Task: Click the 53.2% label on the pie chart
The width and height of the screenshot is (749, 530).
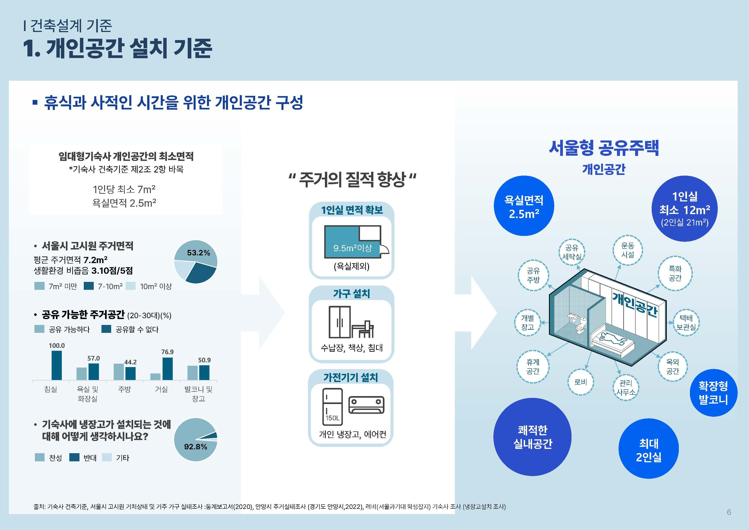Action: pyautogui.click(x=198, y=253)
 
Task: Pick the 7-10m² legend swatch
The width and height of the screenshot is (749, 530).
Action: pyautogui.click(x=89, y=286)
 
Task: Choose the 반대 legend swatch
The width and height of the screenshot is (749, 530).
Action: pyautogui.click(x=74, y=457)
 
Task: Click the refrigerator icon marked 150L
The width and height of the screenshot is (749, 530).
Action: pyautogui.click(x=332, y=407)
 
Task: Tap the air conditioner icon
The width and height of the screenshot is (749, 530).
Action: pyautogui.click(x=366, y=405)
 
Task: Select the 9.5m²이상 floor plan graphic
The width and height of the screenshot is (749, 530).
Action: pyautogui.click(x=352, y=242)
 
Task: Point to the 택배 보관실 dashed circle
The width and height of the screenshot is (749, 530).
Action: pyautogui.click(x=686, y=322)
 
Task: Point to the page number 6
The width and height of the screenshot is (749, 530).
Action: pyautogui.click(x=729, y=512)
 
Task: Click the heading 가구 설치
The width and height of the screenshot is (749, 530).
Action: pyautogui.click(x=351, y=294)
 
